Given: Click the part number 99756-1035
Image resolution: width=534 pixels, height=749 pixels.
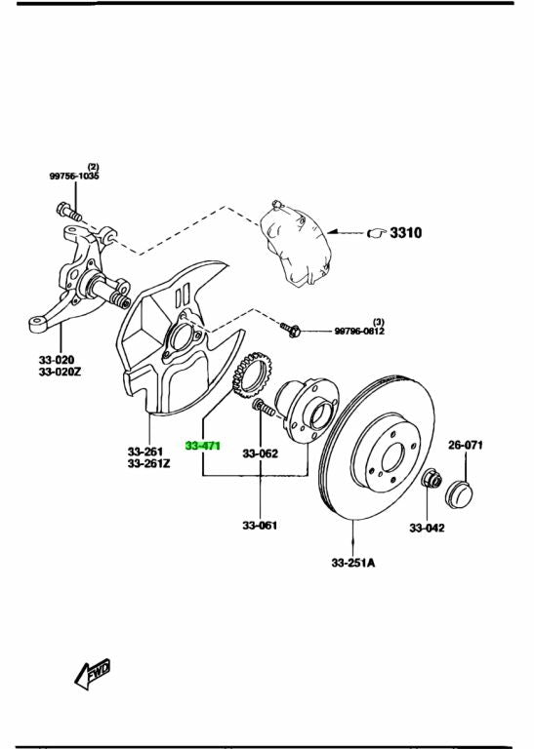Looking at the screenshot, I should pyautogui.click(x=74, y=177).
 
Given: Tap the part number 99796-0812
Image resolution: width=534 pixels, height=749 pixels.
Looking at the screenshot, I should pyautogui.click(x=359, y=332).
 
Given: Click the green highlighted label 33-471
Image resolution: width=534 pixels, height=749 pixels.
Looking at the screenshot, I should pyautogui.click(x=203, y=446).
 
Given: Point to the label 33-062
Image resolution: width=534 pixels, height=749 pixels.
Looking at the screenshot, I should pyautogui.click(x=261, y=453).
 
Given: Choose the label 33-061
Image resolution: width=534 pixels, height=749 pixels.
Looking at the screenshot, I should pyautogui.click(x=261, y=526).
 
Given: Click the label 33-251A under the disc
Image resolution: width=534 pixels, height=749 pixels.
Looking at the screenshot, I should pyautogui.click(x=352, y=563).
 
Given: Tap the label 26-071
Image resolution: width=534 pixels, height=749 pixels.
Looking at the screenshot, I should pyautogui.click(x=466, y=445).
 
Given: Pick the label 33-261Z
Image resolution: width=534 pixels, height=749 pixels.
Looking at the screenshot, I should pyautogui.click(x=148, y=464).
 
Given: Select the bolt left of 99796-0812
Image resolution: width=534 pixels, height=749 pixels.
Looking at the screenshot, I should pyautogui.click(x=291, y=330).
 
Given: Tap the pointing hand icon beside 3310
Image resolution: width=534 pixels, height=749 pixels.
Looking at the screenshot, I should pyautogui.click(x=377, y=234).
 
